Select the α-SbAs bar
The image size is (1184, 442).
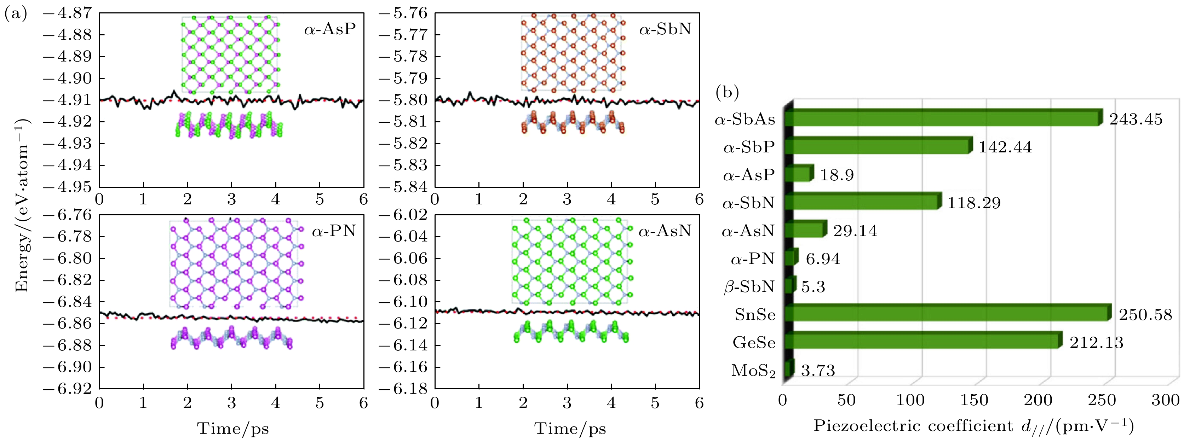click(x=942, y=118)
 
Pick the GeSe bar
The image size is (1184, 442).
click(x=921, y=341)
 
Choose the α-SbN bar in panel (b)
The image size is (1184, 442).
click(x=862, y=202)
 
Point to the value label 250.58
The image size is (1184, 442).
click(x=1145, y=315)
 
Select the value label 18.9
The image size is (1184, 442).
click(x=837, y=175)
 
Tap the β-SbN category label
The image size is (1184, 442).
click(x=749, y=287)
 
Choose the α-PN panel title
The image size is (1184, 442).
click(x=334, y=231)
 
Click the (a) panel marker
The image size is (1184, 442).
click(x=15, y=14)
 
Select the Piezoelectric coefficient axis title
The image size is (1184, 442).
click(x=973, y=426)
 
